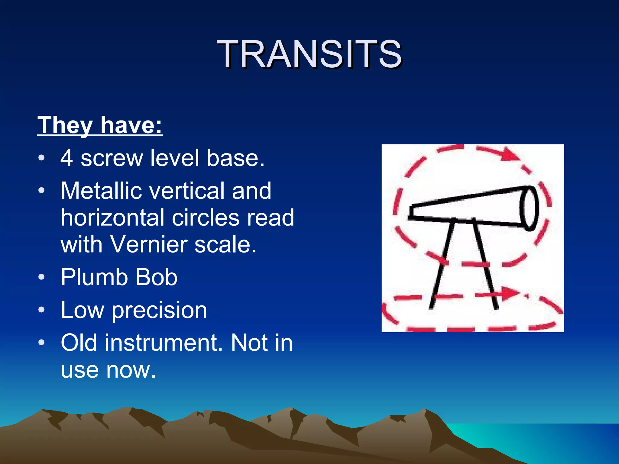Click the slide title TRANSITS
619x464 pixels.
[309, 54]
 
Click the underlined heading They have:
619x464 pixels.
[100, 125]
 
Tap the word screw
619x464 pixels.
[112, 158]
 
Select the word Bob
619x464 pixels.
[156, 277]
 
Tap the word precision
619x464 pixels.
[159, 310]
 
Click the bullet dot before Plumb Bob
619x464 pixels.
[42, 277]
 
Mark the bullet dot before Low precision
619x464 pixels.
[42, 310]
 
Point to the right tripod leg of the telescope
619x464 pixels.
[485, 264]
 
